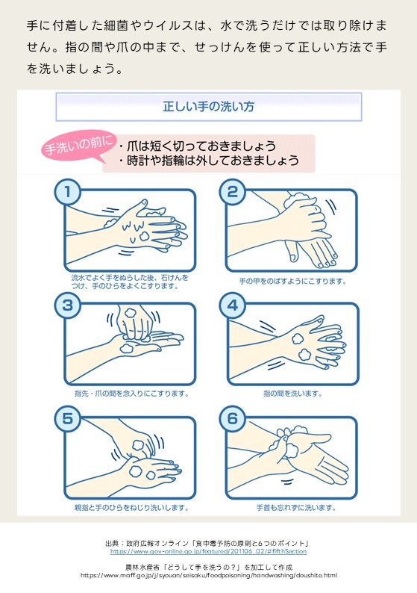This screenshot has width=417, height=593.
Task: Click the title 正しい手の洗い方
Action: (209, 107)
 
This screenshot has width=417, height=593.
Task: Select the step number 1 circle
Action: (68, 192)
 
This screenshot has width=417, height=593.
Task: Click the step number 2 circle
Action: (233, 192)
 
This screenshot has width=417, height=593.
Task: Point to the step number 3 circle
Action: (68, 305)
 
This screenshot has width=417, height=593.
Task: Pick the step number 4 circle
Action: (233, 305)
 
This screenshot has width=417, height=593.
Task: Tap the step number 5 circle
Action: (68, 419)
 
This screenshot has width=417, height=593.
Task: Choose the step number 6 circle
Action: (233, 419)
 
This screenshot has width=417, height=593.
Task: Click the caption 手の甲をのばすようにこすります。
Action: (292, 282)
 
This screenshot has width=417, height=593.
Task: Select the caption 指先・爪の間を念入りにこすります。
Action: (132, 394)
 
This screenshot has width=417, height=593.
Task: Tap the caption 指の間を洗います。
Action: (292, 394)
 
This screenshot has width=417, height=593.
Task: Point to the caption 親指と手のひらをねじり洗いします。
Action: (132, 508)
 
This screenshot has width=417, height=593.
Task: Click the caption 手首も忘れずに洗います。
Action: (296, 508)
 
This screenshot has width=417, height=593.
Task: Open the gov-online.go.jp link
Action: (209, 551)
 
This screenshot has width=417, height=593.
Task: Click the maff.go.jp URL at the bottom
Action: (209, 575)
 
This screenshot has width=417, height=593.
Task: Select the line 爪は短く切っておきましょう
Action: (198, 146)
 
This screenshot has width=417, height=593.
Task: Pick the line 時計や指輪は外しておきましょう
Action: (209, 161)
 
